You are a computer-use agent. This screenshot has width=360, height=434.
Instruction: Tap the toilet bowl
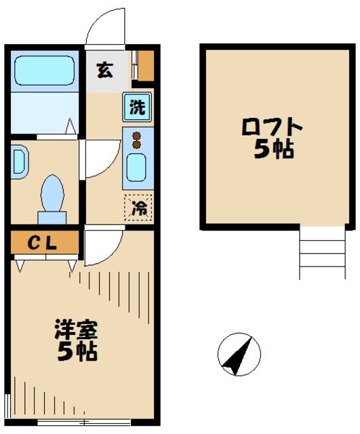[x=52, y=194]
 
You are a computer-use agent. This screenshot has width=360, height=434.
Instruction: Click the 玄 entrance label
[x=104, y=70]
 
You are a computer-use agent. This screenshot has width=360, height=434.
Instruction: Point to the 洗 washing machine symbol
[x=137, y=107]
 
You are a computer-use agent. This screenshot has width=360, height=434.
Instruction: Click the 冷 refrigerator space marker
[x=138, y=208]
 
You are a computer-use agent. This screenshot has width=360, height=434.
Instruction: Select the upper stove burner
[x=136, y=134]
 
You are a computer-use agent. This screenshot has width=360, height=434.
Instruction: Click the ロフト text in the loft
[x=271, y=127]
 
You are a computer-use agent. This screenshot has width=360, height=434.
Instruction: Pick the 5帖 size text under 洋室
[x=76, y=352]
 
